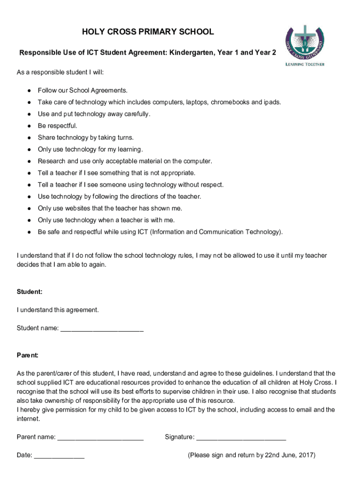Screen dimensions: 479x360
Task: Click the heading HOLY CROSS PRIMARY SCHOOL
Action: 148,32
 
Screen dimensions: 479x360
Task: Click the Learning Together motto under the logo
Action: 305,64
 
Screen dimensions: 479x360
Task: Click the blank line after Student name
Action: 102,329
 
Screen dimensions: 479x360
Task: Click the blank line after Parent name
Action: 100,438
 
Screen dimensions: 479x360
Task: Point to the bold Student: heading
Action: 29,291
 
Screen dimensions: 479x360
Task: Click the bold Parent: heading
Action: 28,355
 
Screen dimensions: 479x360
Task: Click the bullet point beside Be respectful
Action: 29,126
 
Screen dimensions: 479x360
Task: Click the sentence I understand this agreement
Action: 58,310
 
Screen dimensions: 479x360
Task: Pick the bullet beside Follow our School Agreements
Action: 29,90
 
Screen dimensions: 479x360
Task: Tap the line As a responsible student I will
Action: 60,73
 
